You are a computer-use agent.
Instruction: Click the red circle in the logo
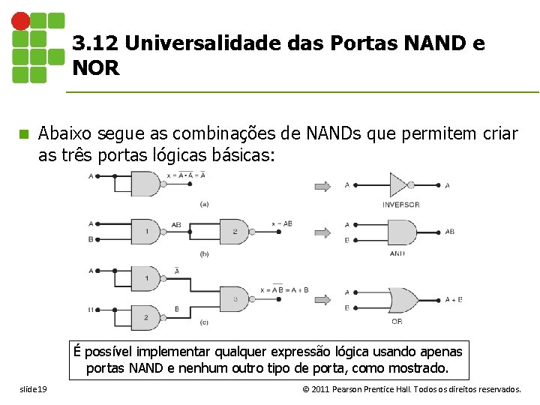coord(21,21)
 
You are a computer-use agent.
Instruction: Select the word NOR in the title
coord(96,68)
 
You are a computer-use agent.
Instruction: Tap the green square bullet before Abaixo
coord(23,134)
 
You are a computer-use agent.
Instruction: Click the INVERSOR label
coord(400,205)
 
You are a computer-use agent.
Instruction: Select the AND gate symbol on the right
coord(401,232)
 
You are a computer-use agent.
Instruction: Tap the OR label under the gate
coord(397,322)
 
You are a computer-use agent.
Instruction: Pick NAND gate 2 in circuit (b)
coord(235,232)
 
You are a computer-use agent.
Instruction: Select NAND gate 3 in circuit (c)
coord(235,299)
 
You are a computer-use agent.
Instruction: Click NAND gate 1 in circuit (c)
coord(148,279)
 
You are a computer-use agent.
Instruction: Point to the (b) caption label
coord(204,254)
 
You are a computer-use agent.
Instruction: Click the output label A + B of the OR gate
coord(454,299)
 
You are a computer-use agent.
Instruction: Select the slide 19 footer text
coord(34,389)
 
